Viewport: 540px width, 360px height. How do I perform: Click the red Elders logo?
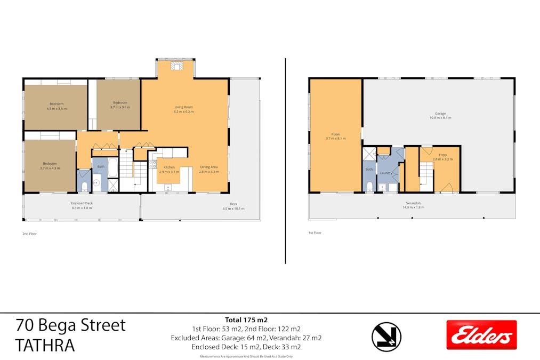pos(481,334)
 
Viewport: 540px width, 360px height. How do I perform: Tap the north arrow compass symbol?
pos(386,337)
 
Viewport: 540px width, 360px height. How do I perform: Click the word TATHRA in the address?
pos(45,345)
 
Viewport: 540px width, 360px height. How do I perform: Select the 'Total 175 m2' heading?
pos(246,319)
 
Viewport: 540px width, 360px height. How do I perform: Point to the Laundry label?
pos(386,173)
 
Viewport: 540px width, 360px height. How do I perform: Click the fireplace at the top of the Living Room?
pos(176,66)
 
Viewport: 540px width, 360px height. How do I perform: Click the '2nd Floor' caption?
pos(29,234)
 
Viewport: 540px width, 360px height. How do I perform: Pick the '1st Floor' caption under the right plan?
pos(315,233)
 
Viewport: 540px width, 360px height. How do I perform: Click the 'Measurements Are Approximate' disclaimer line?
pos(246,356)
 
